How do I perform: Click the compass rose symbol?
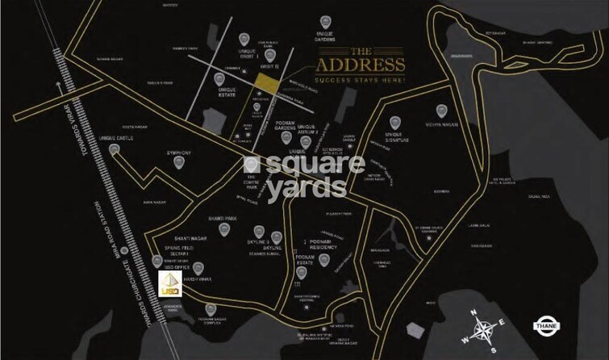pyautogui.click(x=482, y=330)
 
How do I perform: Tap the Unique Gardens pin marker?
pyautogui.click(x=324, y=21)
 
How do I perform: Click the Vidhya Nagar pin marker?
pyautogui.click(x=440, y=111)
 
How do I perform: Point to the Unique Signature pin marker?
pyautogui.click(x=394, y=124)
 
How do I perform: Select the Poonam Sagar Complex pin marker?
pyautogui.click(x=211, y=308)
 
